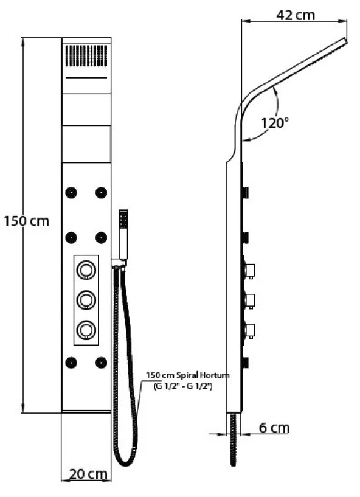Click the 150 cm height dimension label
(x=27, y=221)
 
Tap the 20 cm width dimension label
(x=88, y=474)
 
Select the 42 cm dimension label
(x=296, y=15)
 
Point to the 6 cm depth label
(x=274, y=428)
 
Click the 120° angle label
(x=275, y=123)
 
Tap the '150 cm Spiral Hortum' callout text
(x=188, y=375)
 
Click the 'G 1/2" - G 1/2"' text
(x=183, y=386)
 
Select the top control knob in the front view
(x=86, y=269)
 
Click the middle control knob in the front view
(x=86, y=299)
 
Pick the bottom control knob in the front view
(x=86, y=330)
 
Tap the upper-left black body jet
(x=71, y=192)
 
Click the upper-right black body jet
(x=101, y=192)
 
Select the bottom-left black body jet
(x=71, y=363)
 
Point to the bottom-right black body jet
(x=101, y=363)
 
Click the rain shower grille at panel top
(x=86, y=55)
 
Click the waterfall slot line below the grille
(x=86, y=78)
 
